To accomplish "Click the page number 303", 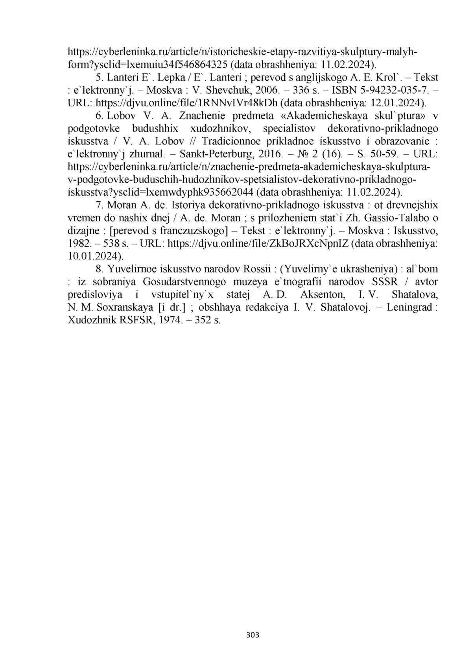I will point(252,635).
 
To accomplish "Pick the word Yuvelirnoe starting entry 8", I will point(132,269).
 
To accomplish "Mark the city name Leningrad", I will point(409,308).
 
